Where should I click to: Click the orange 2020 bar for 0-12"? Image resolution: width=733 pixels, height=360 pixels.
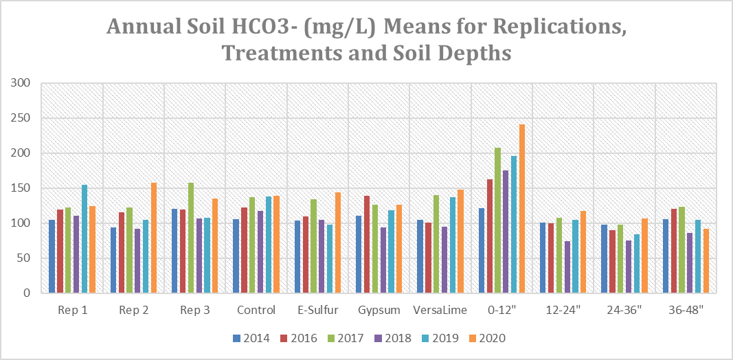point(521,209)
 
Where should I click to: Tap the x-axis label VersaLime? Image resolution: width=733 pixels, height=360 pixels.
point(440,311)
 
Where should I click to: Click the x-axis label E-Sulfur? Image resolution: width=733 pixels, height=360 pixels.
point(318,311)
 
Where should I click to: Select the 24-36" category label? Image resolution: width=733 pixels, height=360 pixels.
point(624,311)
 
